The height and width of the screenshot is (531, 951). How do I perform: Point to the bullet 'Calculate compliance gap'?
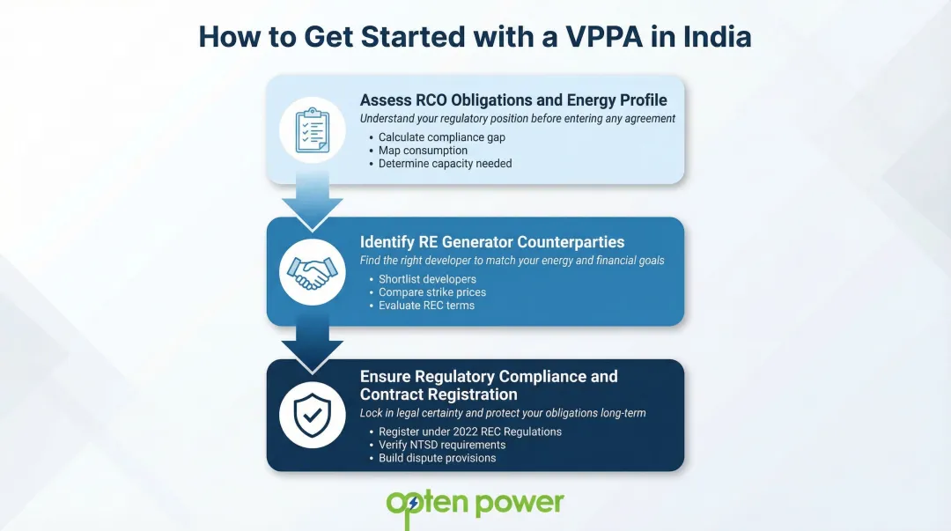click(441, 137)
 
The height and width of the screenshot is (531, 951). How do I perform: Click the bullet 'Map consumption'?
click(423, 151)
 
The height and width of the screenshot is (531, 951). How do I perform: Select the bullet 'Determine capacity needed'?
click(445, 164)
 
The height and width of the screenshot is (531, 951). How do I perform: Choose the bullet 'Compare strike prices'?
click(432, 292)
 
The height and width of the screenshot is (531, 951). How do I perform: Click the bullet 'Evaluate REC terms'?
click(426, 306)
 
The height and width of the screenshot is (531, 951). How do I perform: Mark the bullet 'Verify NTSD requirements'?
click(442, 445)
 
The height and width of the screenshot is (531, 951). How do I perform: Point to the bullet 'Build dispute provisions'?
click(437, 458)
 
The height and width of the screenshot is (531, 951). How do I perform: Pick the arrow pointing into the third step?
click(312, 344)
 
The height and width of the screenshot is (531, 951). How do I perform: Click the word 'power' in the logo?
click(520, 503)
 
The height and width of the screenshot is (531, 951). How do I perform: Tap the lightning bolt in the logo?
click(413, 504)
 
